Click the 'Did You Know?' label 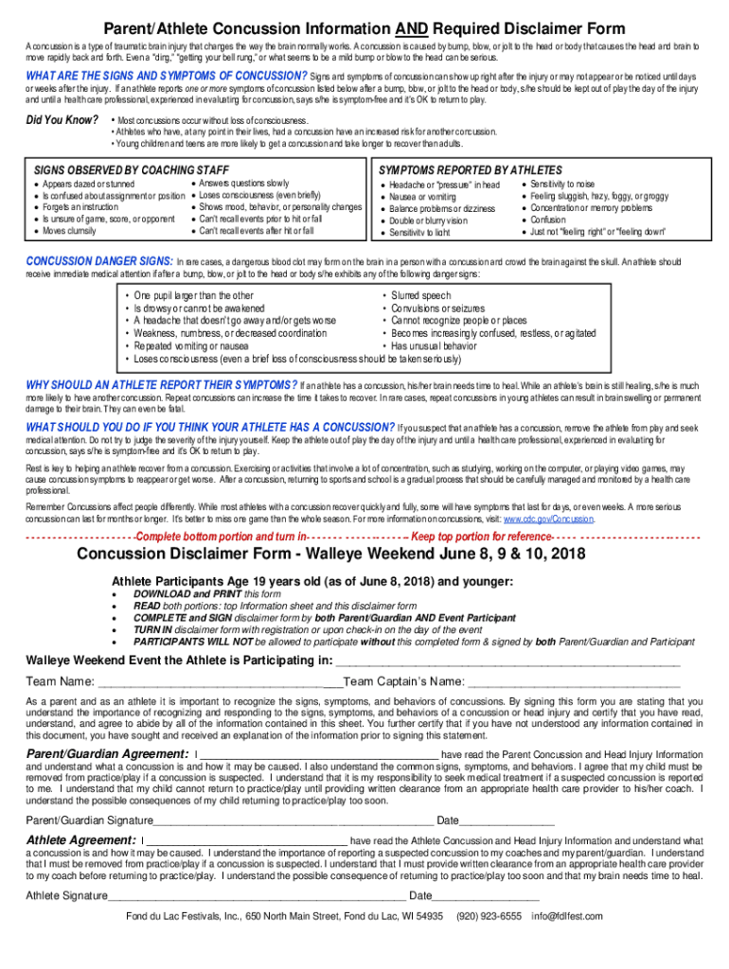[x=62, y=120]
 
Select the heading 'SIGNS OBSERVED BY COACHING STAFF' [x=118, y=169]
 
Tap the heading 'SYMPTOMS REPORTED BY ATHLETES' [x=471, y=169]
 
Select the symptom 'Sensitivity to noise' [x=562, y=184]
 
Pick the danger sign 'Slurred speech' [x=423, y=296]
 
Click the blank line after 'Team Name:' [x=218, y=682]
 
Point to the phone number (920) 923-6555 [x=489, y=916]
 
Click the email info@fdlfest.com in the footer [x=566, y=916]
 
